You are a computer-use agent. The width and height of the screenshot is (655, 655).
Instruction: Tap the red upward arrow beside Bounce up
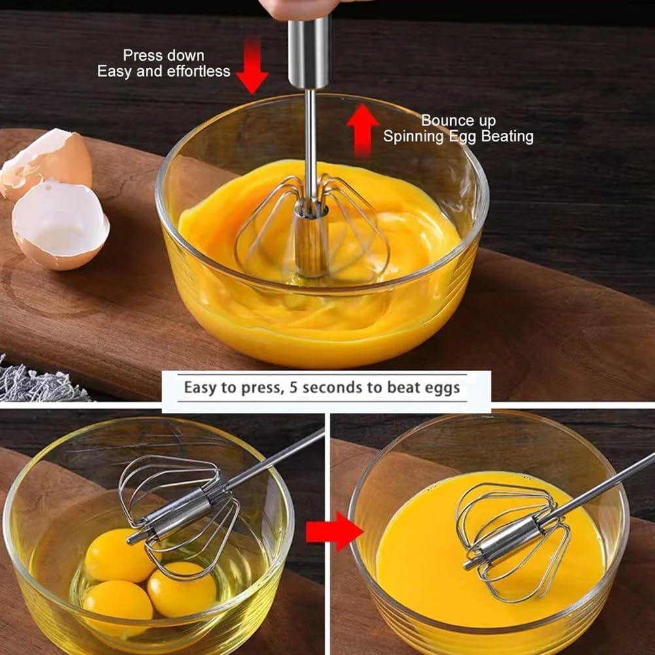(363, 130)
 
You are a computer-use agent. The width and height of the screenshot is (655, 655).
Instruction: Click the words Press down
(164, 56)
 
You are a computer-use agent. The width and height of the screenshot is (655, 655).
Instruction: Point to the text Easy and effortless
(164, 71)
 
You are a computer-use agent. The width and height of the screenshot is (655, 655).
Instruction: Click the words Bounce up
(458, 120)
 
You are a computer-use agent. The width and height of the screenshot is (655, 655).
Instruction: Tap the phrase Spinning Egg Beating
(458, 137)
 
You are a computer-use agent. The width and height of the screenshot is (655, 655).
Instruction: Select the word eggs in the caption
(442, 387)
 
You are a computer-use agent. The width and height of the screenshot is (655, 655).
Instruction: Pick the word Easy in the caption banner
(199, 387)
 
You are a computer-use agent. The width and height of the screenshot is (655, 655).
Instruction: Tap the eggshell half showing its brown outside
(49, 160)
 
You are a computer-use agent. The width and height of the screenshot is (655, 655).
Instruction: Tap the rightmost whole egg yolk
(181, 589)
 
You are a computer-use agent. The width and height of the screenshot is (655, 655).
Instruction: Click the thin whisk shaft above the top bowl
(311, 131)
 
